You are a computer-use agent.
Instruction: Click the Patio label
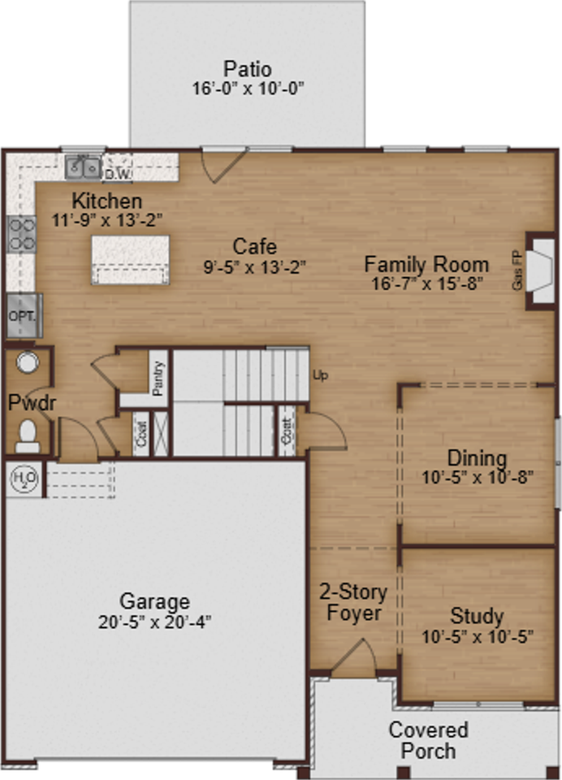point(248,69)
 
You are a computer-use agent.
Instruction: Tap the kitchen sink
point(83,167)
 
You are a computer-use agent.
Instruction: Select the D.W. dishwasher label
point(118,173)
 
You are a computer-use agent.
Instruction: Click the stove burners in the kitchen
point(21,232)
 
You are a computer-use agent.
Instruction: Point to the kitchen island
point(131,259)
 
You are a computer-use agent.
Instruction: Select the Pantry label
point(158,378)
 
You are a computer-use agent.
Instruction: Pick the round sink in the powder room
point(28,362)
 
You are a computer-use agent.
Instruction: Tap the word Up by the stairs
point(320,376)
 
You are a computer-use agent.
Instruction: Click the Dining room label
point(477,458)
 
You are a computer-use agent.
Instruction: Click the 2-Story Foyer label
point(354,602)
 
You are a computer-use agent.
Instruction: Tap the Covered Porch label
point(428,739)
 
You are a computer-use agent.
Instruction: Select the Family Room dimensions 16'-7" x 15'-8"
point(426,284)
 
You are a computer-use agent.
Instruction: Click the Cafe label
point(254,246)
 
